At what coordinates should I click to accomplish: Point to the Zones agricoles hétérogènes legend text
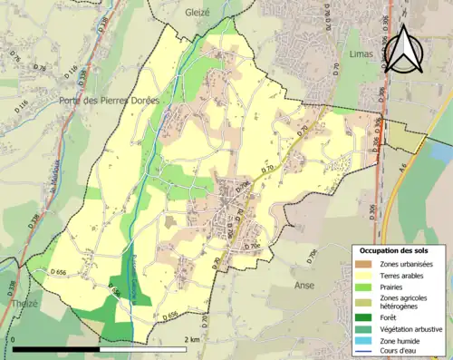click(406, 302)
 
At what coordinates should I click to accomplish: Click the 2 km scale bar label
click(191, 340)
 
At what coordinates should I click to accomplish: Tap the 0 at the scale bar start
click(14, 340)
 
